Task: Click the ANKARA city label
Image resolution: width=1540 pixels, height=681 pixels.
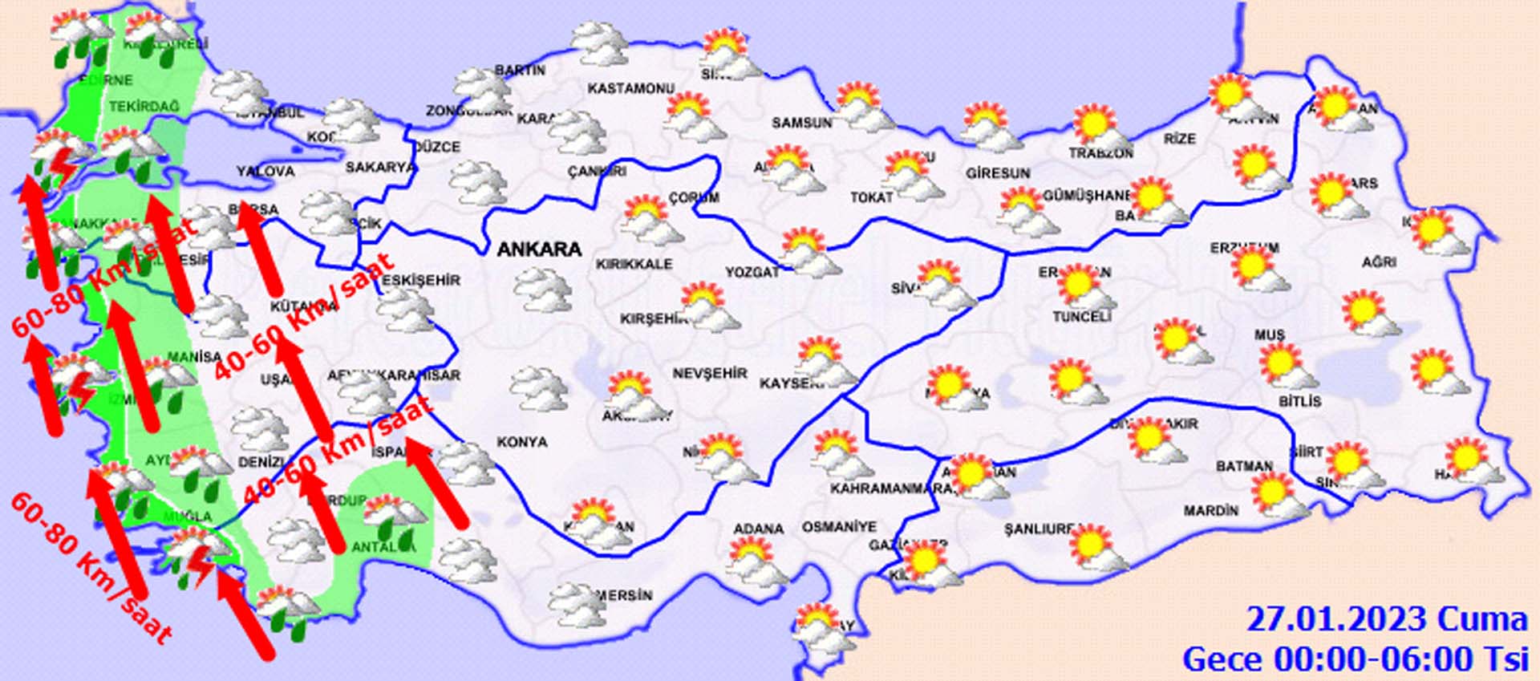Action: click(539, 249)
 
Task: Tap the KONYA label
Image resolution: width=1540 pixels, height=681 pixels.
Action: click(522, 442)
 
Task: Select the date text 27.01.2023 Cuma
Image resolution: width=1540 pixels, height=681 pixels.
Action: click(1387, 620)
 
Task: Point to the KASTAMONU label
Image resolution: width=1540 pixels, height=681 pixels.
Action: click(631, 88)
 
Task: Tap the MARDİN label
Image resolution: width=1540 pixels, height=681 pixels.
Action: click(1210, 511)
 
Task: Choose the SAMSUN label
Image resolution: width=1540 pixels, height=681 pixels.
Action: click(801, 123)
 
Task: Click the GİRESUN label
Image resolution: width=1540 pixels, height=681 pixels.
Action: click(998, 173)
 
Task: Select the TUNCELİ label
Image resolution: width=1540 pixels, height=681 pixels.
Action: click(1081, 317)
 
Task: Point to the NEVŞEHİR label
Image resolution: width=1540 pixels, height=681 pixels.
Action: click(710, 374)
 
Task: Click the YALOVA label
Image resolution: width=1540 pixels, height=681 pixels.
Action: click(265, 172)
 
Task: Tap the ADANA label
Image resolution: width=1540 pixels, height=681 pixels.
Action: click(758, 529)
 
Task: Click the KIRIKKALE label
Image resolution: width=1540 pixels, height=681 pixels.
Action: click(634, 264)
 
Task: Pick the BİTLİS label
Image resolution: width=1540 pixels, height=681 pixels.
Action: click(1299, 401)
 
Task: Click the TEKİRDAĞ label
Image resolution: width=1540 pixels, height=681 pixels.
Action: click(144, 107)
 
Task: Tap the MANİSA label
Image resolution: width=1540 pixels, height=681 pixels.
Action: click(194, 356)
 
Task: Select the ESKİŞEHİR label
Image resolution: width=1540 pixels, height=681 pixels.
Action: click(421, 280)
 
